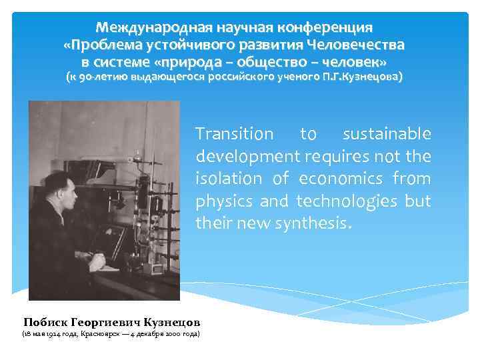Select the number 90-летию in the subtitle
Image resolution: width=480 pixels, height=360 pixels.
[x=100, y=77]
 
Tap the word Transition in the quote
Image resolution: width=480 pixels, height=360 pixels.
[x=235, y=134]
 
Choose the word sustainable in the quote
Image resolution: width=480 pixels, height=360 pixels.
[x=387, y=134]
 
